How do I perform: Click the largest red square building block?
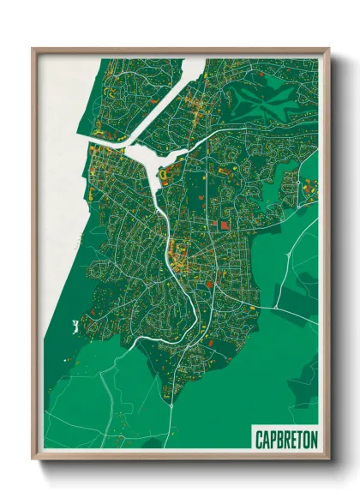[225, 225]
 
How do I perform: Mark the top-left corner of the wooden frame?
[33, 49]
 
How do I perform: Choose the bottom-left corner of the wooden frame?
[33, 460]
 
